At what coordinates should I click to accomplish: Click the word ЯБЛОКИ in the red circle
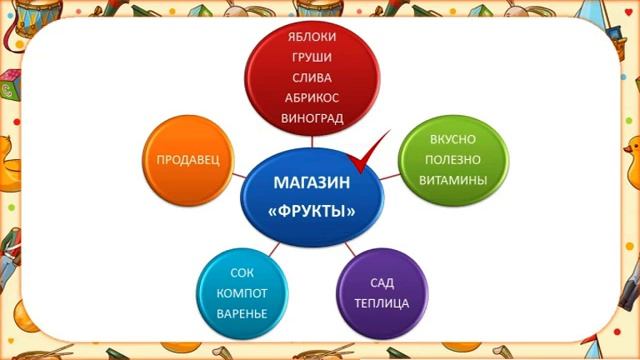coord(310,37)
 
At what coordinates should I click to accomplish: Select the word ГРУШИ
coord(310,57)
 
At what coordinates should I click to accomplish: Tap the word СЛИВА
coord(310,77)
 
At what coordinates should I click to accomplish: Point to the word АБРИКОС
coord(310,97)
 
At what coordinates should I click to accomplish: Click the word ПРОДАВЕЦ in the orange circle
coord(188,159)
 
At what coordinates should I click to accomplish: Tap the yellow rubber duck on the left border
coord(18,160)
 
